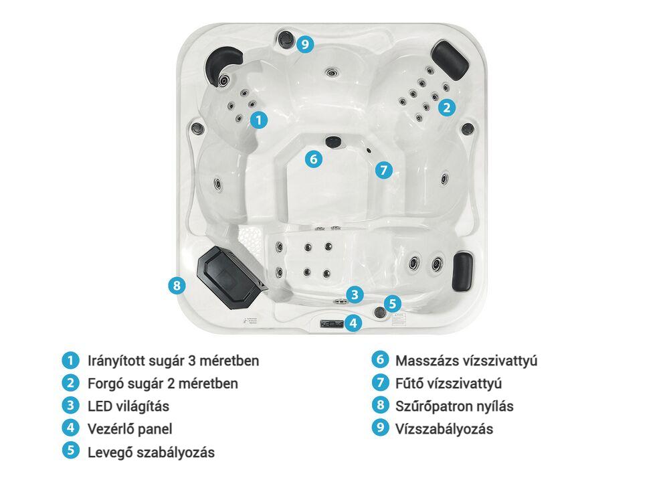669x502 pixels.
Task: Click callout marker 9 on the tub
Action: (x=305, y=44)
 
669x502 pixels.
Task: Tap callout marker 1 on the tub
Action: (x=258, y=120)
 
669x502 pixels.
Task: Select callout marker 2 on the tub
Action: (x=447, y=107)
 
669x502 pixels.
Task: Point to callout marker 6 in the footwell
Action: (x=314, y=159)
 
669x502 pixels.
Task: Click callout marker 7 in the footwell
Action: (x=384, y=170)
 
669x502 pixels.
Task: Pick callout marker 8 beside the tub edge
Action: (x=177, y=284)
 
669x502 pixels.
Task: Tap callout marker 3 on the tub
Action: (x=355, y=295)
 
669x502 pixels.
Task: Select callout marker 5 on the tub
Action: (x=393, y=303)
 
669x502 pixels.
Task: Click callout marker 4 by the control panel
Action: (x=353, y=323)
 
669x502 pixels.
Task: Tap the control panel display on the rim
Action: (x=332, y=324)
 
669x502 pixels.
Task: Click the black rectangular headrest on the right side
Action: (x=462, y=272)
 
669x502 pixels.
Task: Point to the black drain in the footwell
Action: (x=333, y=141)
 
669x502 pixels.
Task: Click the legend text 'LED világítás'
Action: (x=128, y=406)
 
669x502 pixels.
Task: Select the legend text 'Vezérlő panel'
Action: (x=130, y=428)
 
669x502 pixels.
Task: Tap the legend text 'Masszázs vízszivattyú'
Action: (x=466, y=361)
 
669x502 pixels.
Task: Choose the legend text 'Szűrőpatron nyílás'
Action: (x=454, y=406)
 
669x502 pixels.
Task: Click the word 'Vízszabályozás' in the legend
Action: (x=444, y=428)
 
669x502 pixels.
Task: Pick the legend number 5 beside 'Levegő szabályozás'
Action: (x=71, y=450)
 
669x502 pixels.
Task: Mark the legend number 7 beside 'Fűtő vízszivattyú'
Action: (x=380, y=382)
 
